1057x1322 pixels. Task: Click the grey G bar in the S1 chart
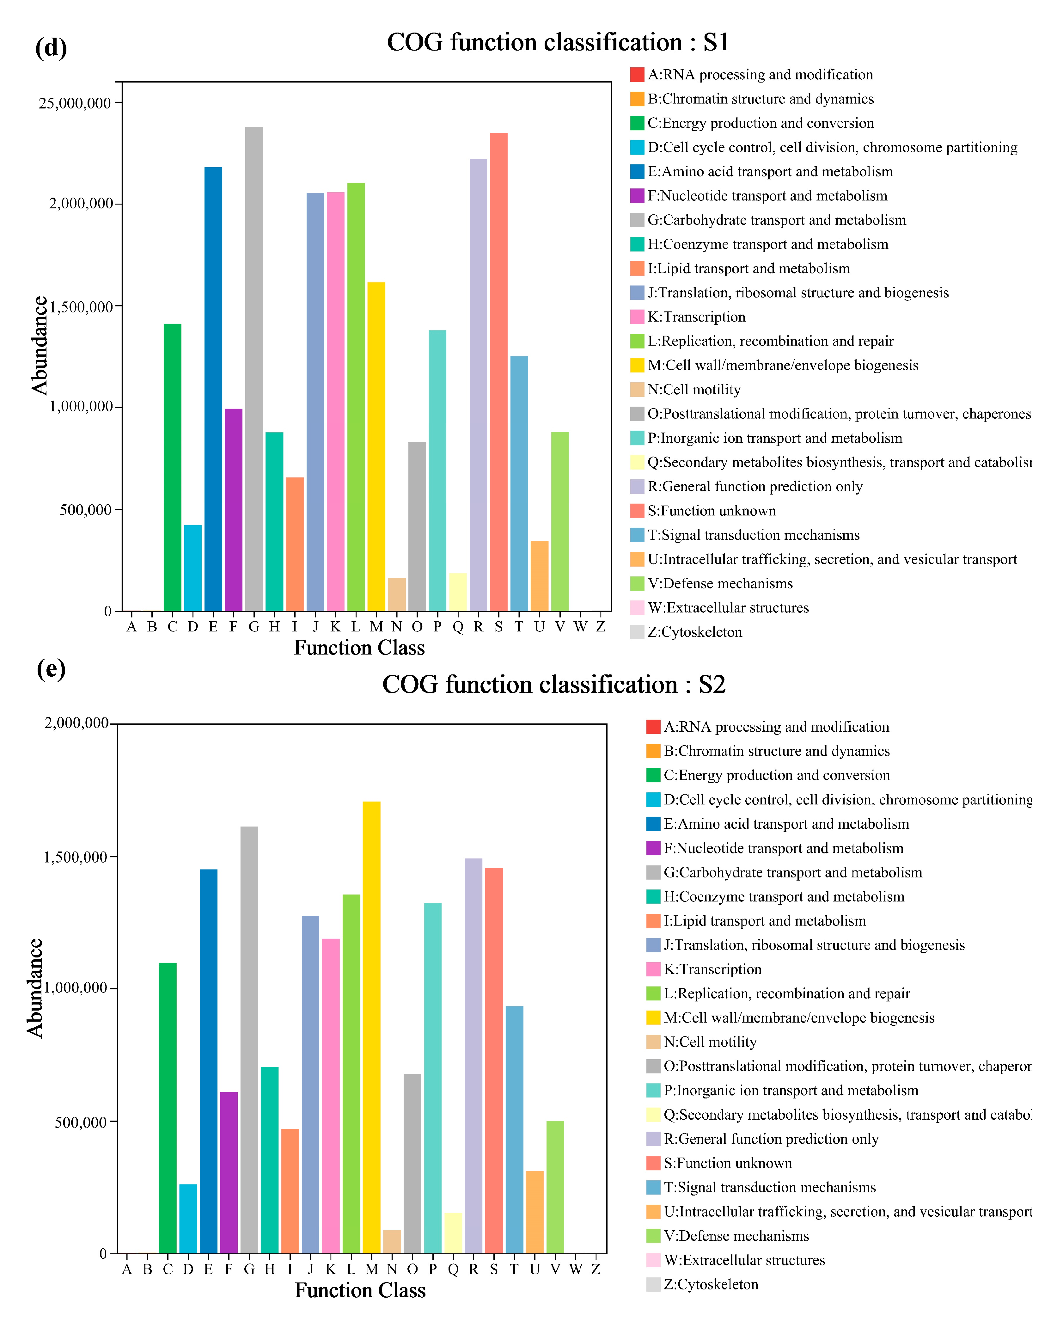click(254, 368)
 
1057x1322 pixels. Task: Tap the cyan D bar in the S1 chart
click(192, 567)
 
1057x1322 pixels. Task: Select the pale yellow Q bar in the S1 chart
click(457, 592)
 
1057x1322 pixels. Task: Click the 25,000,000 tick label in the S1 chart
click(75, 103)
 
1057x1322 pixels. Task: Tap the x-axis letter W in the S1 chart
click(580, 627)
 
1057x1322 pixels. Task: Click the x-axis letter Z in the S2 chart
click(595, 1269)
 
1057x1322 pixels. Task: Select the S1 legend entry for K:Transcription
click(696, 317)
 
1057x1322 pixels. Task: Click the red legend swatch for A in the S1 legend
click(637, 75)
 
